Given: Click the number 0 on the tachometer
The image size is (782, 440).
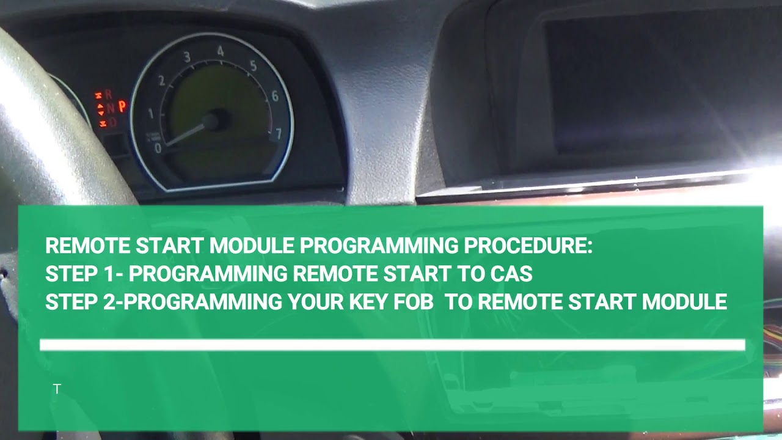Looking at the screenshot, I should coord(158,148).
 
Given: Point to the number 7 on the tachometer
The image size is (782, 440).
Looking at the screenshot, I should coord(279,133).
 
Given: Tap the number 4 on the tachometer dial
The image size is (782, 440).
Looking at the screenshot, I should coord(221,52).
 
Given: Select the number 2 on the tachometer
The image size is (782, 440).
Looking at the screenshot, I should coord(161,81).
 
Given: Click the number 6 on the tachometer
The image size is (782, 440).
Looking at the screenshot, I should coord(275,96).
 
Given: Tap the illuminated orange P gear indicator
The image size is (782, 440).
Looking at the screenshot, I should coord(122,106).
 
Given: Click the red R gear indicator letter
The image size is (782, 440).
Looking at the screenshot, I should coord(109,95).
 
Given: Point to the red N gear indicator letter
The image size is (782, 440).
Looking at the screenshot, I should coord(110,108).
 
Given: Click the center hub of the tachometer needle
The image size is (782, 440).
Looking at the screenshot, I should coord(211,120).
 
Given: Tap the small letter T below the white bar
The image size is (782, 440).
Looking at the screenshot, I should coord(57,389).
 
